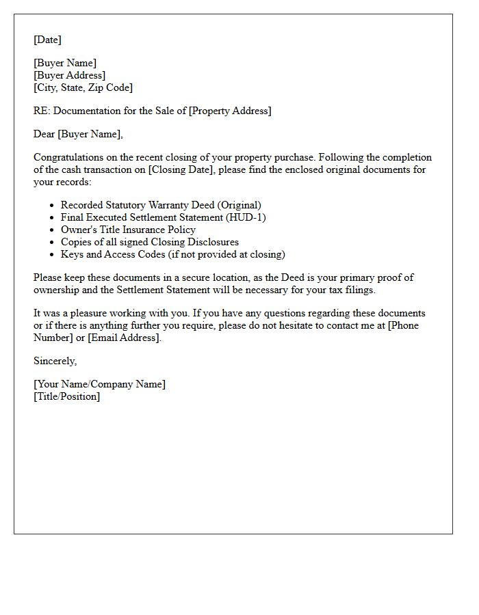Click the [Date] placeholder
point(47,40)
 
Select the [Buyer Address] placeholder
point(69,75)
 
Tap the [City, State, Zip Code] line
point(83,87)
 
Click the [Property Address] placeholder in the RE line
point(230,111)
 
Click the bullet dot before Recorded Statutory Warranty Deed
point(52,205)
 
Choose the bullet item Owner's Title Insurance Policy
point(128,230)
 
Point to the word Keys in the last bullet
point(72,254)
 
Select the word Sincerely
point(55,361)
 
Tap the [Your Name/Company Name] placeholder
point(99,384)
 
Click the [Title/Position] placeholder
point(66,396)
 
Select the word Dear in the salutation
point(44,134)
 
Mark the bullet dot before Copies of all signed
point(52,242)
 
